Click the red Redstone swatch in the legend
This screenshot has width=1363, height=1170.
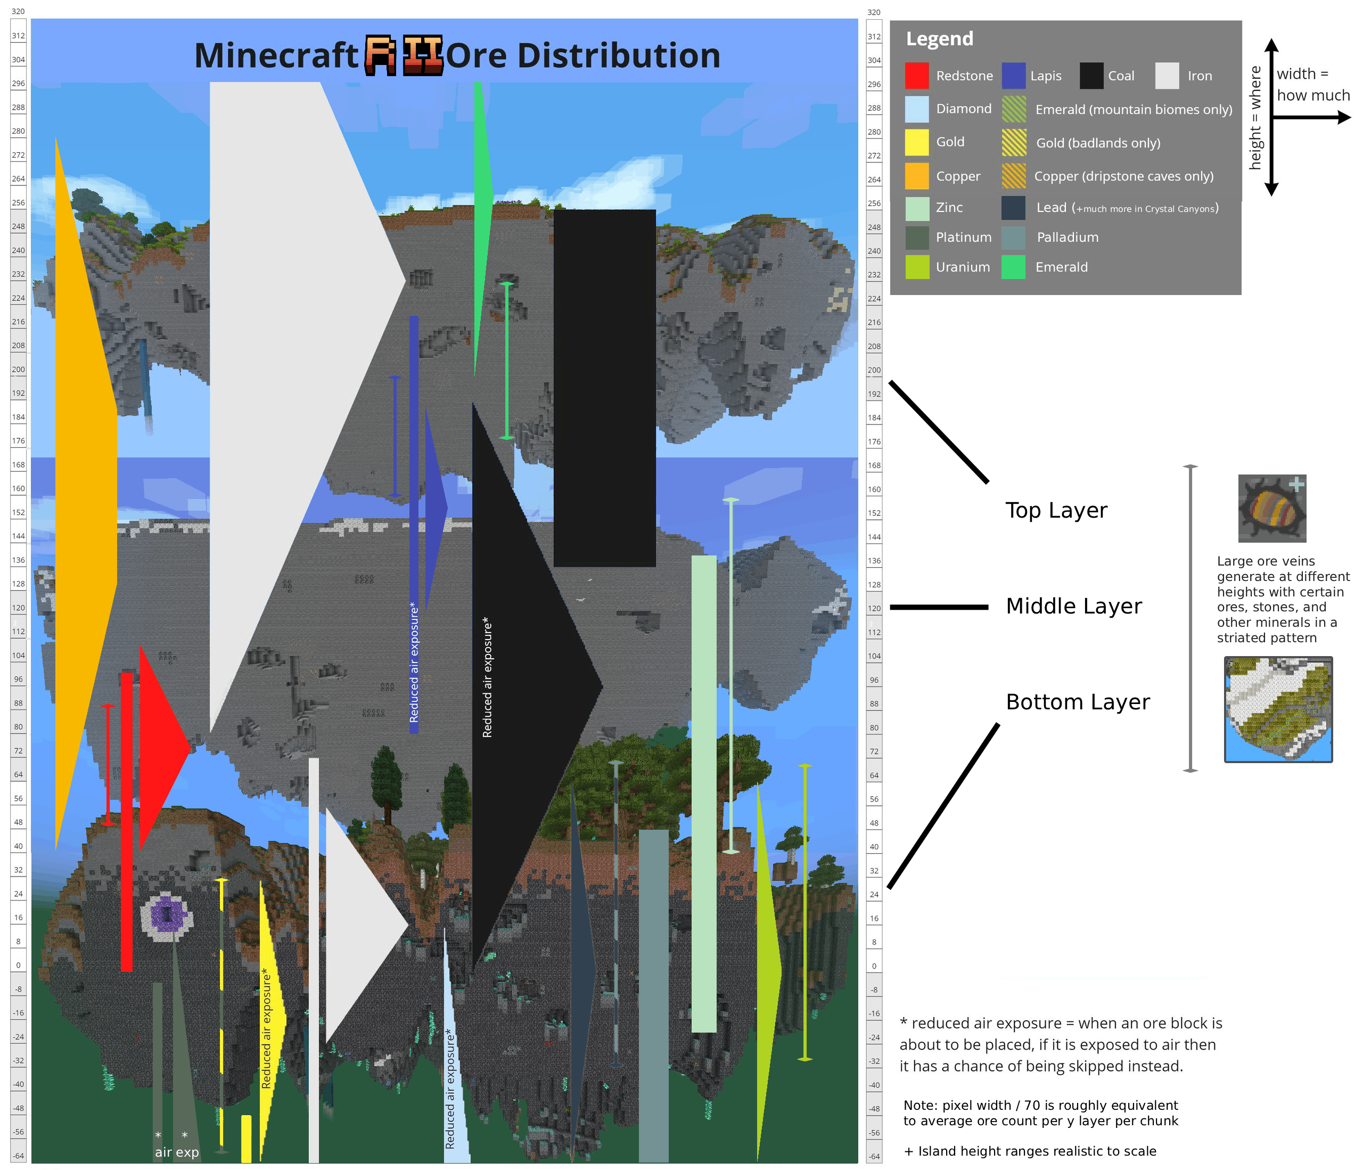tap(916, 76)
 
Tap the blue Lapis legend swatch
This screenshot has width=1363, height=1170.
tap(1014, 76)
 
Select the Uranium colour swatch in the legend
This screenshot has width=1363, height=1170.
tap(917, 266)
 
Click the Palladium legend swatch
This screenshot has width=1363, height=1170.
tap(1014, 238)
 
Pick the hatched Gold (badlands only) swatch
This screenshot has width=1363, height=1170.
tap(1014, 142)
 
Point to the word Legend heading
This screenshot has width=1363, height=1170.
tap(939, 39)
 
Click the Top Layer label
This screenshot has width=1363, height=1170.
tap(1056, 511)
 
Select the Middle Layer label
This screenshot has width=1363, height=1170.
tap(1074, 606)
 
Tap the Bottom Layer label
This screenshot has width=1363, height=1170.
tap(1078, 702)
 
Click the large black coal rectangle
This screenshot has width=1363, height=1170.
tap(604, 388)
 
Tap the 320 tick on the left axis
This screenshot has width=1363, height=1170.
tap(18, 11)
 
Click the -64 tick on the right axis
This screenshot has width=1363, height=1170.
tap(874, 1156)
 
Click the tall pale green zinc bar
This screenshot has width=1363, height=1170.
tap(704, 793)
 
